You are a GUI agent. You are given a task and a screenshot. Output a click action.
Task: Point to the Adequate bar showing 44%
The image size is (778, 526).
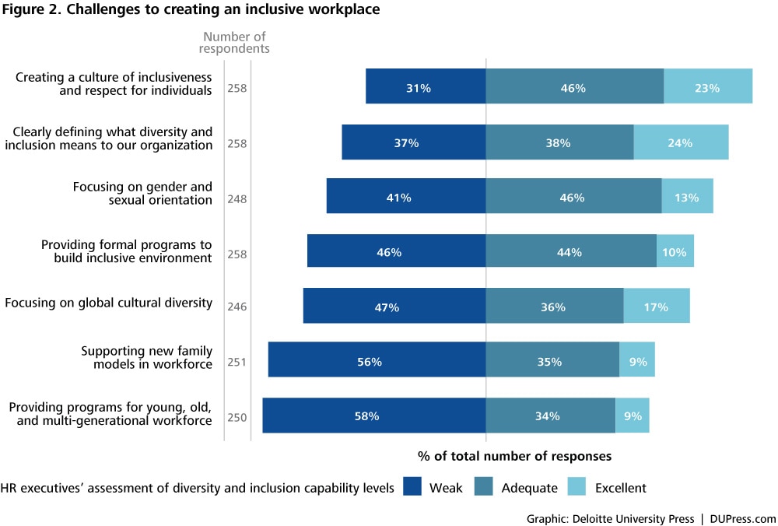tap(571, 251)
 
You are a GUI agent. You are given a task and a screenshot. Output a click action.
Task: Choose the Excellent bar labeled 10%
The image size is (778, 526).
tap(675, 251)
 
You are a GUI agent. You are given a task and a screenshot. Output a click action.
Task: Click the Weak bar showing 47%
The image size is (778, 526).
tap(394, 306)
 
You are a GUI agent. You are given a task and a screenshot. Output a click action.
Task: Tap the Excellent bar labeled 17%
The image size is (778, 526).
tap(657, 306)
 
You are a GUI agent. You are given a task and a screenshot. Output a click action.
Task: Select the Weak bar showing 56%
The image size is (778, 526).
tap(377, 360)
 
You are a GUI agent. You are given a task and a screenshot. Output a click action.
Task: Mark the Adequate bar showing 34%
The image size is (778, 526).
tap(550, 416)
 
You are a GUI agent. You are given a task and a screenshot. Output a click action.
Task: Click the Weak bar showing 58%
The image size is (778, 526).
tap(374, 416)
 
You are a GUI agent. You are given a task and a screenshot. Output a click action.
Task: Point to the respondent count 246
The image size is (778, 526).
tap(237, 307)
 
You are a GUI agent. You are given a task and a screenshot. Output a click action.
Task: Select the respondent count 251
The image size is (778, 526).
tap(237, 362)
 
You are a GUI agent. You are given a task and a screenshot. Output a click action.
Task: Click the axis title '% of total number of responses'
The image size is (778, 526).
tap(514, 455)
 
